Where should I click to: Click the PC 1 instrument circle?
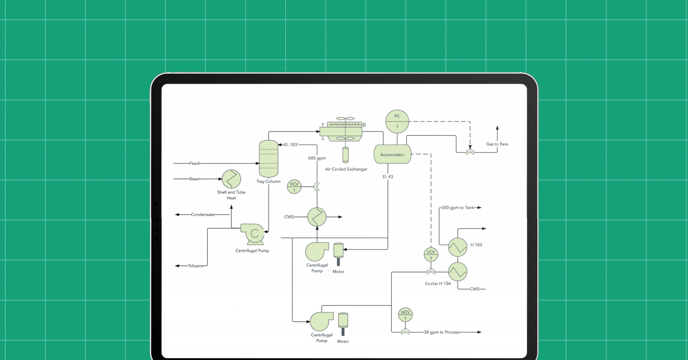(397, 121)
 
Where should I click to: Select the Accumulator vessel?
(392, 154)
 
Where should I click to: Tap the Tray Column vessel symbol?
(268, 159)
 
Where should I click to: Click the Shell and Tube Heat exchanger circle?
(231, 179)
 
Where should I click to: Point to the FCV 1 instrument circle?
(294, 187)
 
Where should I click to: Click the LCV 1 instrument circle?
(430, 255)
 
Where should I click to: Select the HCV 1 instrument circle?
(405, 315)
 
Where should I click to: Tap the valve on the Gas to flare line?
(470, 153)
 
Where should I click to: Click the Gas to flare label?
(497, 144)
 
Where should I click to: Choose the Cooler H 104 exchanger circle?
(457, 271)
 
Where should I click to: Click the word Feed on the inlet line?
(194, 163)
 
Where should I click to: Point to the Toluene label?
(195, 266)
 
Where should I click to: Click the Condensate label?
(202, 214)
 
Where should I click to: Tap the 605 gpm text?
(317, 158)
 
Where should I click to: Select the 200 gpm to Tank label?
(457, 208)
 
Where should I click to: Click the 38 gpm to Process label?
(442, 332)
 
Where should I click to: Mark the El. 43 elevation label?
(388, 177)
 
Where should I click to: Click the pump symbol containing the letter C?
(254, 233)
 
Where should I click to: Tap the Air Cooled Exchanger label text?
(346, 169)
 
